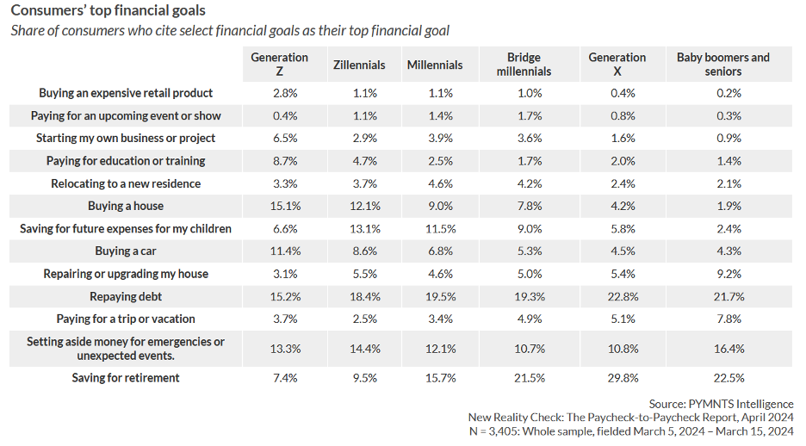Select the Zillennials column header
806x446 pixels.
point(359,65)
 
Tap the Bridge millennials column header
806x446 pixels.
point(524,65)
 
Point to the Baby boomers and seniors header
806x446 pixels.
point(723,65)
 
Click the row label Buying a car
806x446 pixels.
point(125,251)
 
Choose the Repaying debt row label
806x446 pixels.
point(125,296)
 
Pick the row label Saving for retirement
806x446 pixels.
point(125,377)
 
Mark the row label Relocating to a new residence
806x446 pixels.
point(125,183)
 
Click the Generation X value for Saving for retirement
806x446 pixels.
point(617,377)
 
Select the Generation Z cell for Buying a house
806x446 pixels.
point(280,206)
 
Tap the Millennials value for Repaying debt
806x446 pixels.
point(435,296)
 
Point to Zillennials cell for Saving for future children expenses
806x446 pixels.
point(359,229)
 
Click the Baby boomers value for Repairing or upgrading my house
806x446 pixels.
point(723,274)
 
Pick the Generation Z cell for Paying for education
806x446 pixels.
point(280,161)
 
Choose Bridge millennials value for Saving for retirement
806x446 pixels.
point(524,377)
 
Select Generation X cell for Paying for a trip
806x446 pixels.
point(617,319)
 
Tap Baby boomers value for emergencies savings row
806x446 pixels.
point(723,348)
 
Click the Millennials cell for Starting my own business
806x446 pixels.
point(435,138)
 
